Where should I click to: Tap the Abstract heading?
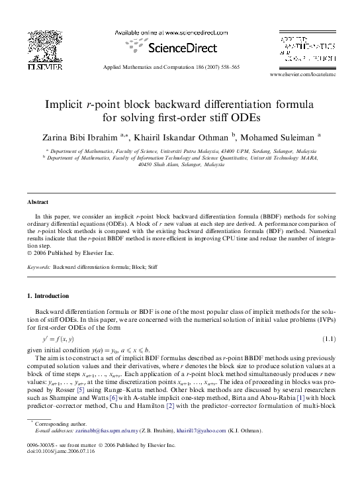[x=38, y=201]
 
